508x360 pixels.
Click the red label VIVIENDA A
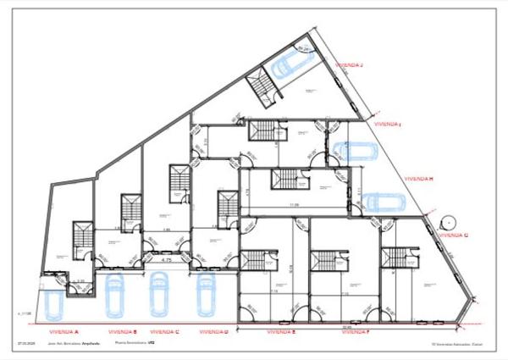[64, 331]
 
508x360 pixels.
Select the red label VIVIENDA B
[123, 331]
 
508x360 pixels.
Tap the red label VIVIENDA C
[164, 331]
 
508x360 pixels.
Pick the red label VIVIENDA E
[282, 331]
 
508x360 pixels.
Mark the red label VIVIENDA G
[454, 234]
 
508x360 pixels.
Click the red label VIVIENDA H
[418, 179]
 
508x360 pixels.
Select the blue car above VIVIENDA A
[53, 302]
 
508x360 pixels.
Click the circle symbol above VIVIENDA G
[445, 222]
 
